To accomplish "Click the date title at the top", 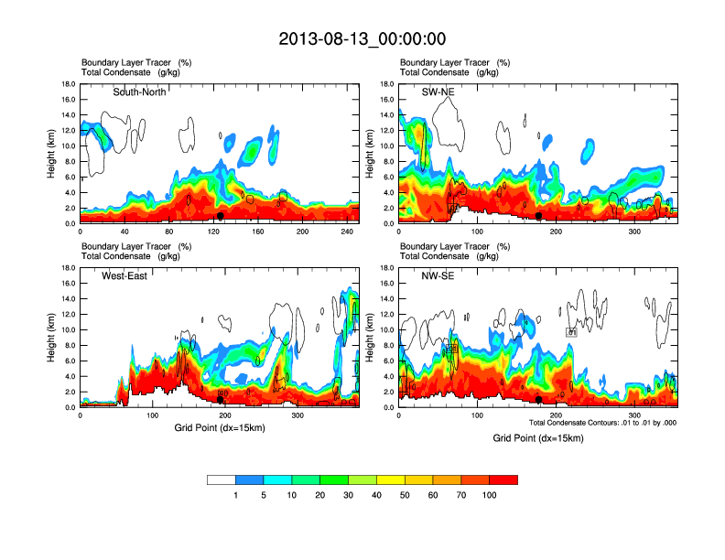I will (362, 38).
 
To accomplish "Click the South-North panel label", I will (139, 92).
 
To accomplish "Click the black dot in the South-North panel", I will (221, 216).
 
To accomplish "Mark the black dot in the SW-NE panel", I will (539, 216).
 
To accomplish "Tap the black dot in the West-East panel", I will (221, 400).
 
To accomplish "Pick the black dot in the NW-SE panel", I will (539, 400).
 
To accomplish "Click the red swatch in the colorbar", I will (503, 479).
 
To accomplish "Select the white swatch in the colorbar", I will (222, 479).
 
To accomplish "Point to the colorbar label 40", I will (377, 495).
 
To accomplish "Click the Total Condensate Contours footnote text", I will (602, 422).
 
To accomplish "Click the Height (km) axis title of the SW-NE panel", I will (370, 153).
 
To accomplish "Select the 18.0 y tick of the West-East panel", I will (67, 268).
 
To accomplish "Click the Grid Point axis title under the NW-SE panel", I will (538, 438).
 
